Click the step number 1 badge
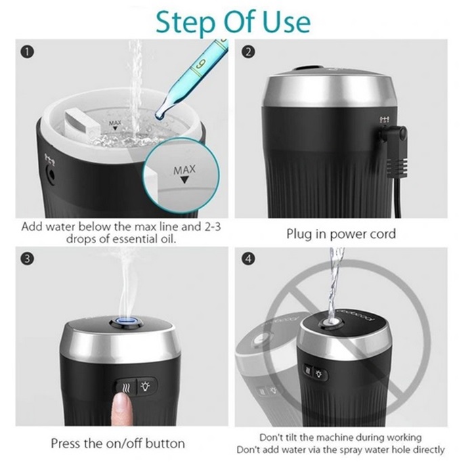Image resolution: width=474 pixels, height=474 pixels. pos(27,52)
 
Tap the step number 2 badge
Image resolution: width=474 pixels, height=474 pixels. pos(249,51)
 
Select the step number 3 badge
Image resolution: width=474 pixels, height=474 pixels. pos(27,259)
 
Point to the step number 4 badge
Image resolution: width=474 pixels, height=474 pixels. pos(249,259)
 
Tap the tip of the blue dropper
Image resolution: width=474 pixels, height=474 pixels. pos(158,116)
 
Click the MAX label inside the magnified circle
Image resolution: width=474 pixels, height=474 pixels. pos(184,170)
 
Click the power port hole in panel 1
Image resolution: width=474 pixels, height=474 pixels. pos(50,175)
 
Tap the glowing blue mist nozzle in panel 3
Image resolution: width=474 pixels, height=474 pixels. pos(128,321)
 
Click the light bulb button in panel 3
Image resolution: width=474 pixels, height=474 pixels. pos(146,387)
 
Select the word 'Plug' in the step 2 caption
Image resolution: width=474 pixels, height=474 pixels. pos(299,234)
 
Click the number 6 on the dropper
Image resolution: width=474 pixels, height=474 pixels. pos(200,64)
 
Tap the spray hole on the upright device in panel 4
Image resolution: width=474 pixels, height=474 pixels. pos(330,322)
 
